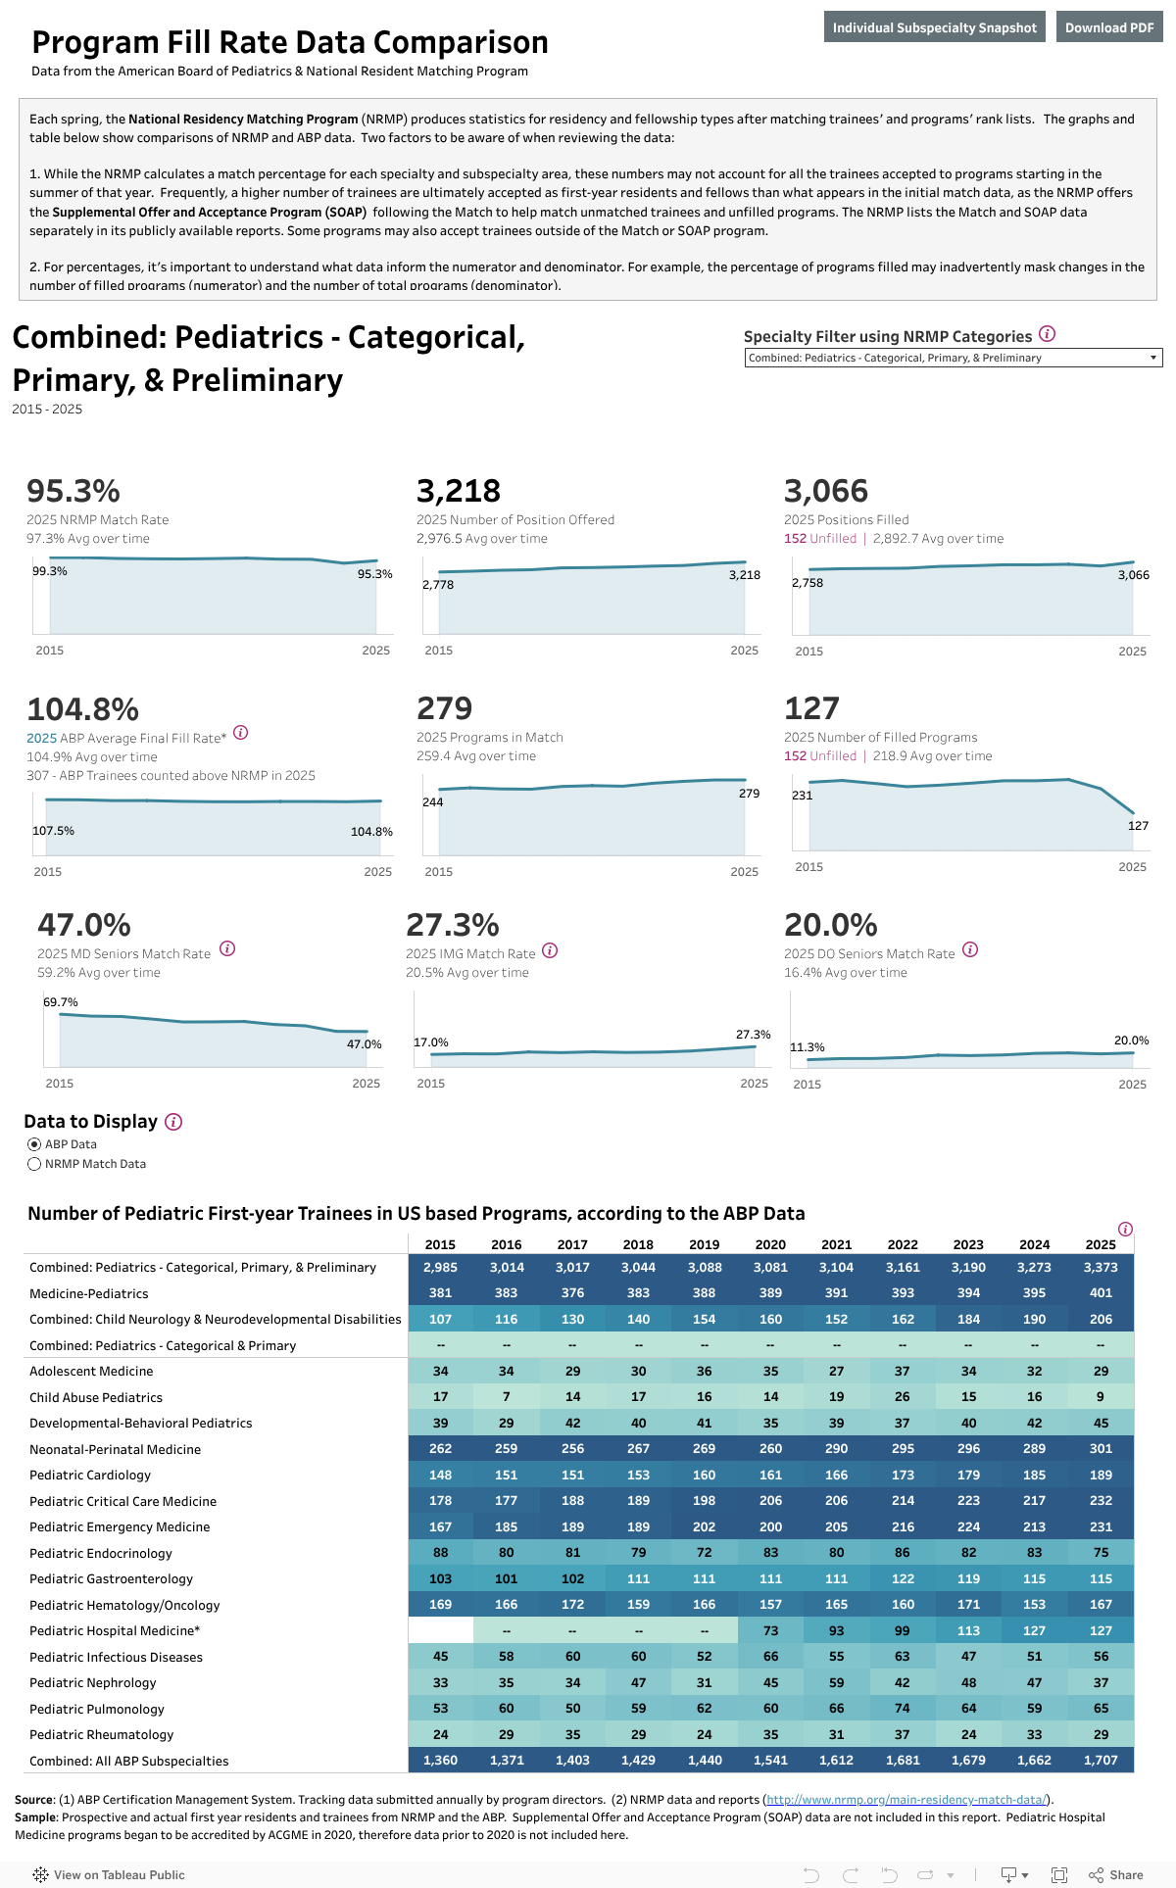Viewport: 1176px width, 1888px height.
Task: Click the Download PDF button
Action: point(1108,27)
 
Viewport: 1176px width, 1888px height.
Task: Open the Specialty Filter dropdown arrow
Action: point(1152,359)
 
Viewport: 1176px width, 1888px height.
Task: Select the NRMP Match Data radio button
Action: point(34,1164)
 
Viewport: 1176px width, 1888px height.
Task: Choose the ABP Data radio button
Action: point(34,1144)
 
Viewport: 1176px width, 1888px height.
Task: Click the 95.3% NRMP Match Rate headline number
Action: point(73,491)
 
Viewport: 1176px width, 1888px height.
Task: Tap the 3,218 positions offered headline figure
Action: point(458,491)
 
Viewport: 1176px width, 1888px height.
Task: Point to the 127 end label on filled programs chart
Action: point(1138,826)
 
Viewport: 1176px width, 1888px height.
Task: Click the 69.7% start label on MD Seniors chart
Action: point(61,1002)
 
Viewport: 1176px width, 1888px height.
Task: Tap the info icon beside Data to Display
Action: point(173,1122)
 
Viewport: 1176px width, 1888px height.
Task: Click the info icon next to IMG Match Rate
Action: point(550,950)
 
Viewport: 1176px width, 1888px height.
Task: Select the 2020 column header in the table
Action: point(770,1244)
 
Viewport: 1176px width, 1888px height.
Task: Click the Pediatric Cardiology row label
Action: point(90,1476)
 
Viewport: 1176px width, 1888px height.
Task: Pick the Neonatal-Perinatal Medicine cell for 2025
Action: point(1101,1449)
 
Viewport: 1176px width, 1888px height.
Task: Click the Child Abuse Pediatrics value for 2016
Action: point(506,1397)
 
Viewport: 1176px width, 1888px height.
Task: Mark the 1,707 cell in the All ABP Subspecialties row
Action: point(1101,1761)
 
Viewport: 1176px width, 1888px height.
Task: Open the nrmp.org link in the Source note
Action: point(906,1800)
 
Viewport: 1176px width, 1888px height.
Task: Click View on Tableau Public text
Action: point(119,1875)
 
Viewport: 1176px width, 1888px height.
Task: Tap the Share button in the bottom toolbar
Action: point(1116,1875)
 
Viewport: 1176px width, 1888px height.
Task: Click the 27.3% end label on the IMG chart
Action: point(753,1035)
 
